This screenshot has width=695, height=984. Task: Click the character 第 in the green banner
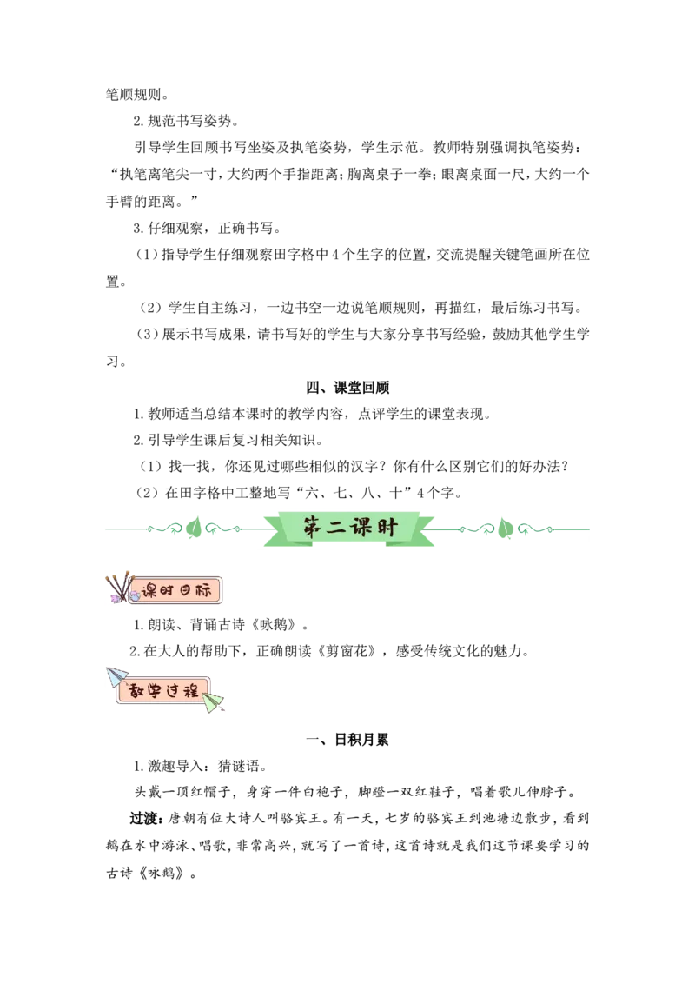pos(314,528)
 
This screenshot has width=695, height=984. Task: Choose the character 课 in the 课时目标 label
pos(150,591)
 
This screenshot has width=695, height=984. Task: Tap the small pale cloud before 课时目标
pos(135,596)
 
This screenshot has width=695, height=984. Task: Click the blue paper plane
pos(116,676)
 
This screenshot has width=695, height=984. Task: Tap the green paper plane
pos(214,702)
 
